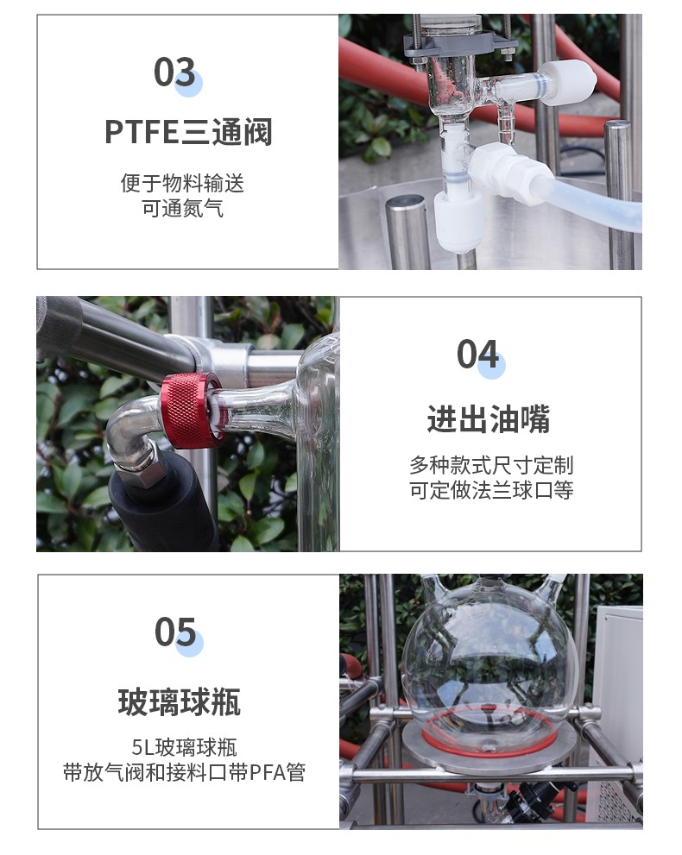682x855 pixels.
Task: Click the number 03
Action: click(x=174, y=72)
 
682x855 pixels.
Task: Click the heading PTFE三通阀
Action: click(x=188, y=132)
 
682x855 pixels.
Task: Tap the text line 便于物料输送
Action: click(x=182, y=183)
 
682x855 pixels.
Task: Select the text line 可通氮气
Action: click(x=182, y=208)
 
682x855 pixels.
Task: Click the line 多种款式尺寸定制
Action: click(x=491, y=465)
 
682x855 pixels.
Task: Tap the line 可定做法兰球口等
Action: click(x=491, y=490)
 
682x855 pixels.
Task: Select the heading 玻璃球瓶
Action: click(x=180, y=701)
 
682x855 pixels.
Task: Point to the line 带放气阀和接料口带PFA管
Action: click(x=184, y=772)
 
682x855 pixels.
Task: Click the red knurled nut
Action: click(x=190, y=410)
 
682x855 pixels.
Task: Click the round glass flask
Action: click(x=489, y=654)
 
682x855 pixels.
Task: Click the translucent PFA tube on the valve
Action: click(x=595, y=203)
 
